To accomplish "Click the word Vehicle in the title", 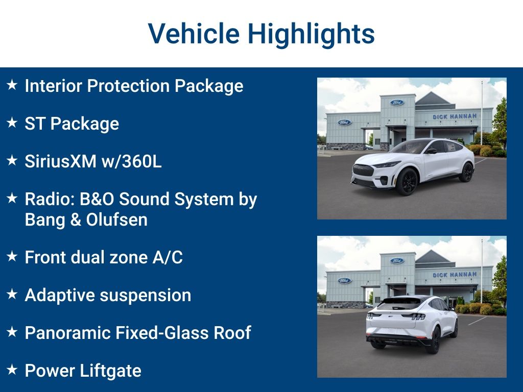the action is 194,33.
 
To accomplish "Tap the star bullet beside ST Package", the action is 12,122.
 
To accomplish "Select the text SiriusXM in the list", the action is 61,161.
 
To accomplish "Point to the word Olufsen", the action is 117,219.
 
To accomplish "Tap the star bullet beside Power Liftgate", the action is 12,370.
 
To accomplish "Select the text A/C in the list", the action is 168,257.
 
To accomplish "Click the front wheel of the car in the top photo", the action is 407,181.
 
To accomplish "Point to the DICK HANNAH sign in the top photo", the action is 455,116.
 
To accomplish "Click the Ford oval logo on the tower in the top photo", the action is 397,102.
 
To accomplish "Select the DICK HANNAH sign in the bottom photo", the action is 455,275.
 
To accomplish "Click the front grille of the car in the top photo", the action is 363,170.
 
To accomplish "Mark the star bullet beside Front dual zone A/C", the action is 12,256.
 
